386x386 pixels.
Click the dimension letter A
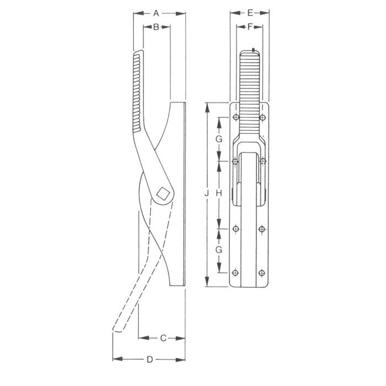(156, 13)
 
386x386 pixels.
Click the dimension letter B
(156, 27)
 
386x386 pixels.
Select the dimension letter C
(163, 338)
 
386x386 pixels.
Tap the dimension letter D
(149, 360)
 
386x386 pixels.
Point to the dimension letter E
(250, 13)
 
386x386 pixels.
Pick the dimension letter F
(250, 26)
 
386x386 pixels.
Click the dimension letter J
(207, 194)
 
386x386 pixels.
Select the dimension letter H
(219, 194)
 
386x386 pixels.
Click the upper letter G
(219, 140)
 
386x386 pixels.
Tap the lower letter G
(219, 250)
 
